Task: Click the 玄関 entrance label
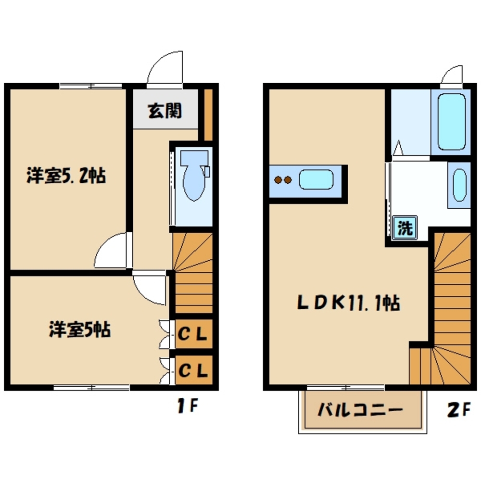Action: tap(165, 112)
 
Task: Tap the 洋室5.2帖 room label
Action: tap(66, 177)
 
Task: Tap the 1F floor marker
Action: tap(187, 407)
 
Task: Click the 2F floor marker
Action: tap(457, 410)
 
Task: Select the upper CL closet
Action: tap(193, 333)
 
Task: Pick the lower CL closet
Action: tap(193, 370)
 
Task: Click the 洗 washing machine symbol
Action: tap(405, 228)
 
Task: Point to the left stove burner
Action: tap(278, 180)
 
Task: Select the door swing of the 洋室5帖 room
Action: tap(149, 287)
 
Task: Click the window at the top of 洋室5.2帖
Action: tap(91, 86)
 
